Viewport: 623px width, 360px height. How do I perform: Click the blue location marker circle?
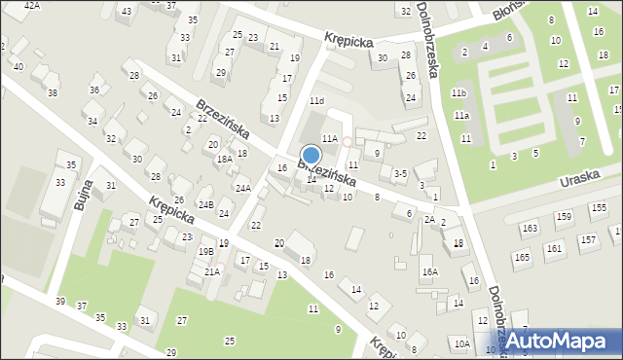tap(311, 155)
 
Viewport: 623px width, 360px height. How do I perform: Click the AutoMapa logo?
tap(556, 341)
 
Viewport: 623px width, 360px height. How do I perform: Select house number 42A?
tap(32, 5)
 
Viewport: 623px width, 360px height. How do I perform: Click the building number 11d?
tap(316, 101)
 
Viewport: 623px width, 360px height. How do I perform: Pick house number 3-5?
tap(399, 174)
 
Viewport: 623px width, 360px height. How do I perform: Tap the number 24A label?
tap(242, 188)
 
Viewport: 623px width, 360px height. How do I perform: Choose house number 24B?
tap(205, 204)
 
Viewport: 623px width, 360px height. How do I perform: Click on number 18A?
tap(223, 159)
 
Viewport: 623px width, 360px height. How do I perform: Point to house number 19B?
tap(205, 251)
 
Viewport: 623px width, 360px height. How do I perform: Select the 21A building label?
tap(212, 271)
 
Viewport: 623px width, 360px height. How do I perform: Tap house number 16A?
tap(429, 272)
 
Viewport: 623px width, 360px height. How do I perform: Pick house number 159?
tap(566, 216)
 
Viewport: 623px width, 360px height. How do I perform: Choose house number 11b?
tap(458, 92)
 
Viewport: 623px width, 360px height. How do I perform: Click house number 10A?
tap(460, 343)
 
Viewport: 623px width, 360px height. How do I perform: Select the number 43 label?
tap(124, 11)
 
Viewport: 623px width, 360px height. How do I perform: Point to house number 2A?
tap(428, 219)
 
